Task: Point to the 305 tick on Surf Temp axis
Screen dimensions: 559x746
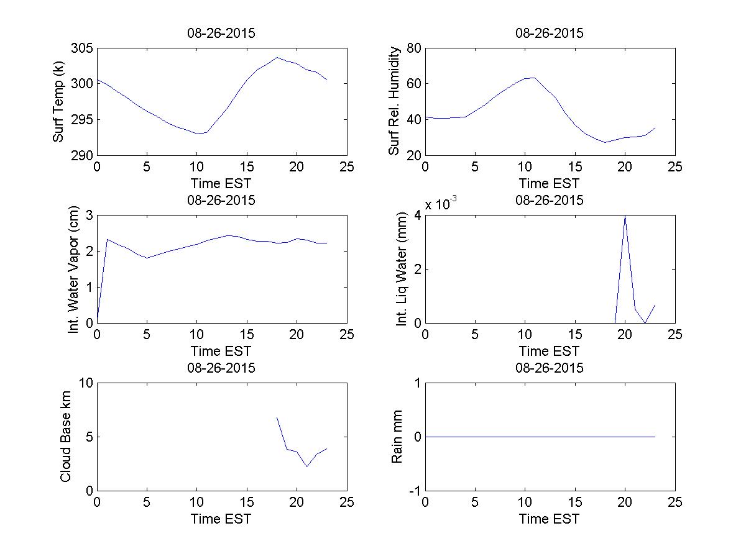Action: (x=83, y=48)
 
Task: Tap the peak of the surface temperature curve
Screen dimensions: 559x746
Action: (x=277, y=57)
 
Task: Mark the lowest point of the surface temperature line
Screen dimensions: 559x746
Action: (x=197, y=134)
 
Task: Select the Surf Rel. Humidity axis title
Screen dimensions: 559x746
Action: (x=394, y=102)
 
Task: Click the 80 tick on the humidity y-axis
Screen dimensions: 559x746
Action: (x=414, y=48)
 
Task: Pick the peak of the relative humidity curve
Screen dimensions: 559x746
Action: (x=532, y=78)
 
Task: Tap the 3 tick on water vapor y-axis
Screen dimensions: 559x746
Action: (x=88, y=216)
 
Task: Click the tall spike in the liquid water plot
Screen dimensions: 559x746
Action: (x=625, y=216)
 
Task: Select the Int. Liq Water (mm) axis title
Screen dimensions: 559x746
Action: (x=401, y=269)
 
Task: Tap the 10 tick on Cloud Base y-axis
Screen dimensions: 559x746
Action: (x=85, y=383)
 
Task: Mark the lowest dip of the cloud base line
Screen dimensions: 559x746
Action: (x=307, y=466)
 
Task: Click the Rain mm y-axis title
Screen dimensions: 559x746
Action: (x=397, y=437)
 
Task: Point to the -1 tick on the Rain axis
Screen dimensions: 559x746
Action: (x=412, y=491)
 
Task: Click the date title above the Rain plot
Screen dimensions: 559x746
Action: (x=550, y=368)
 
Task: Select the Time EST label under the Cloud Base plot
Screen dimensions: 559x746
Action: (x=221, y=519)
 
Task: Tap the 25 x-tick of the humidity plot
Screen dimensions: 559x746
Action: (x=675, y=167)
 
